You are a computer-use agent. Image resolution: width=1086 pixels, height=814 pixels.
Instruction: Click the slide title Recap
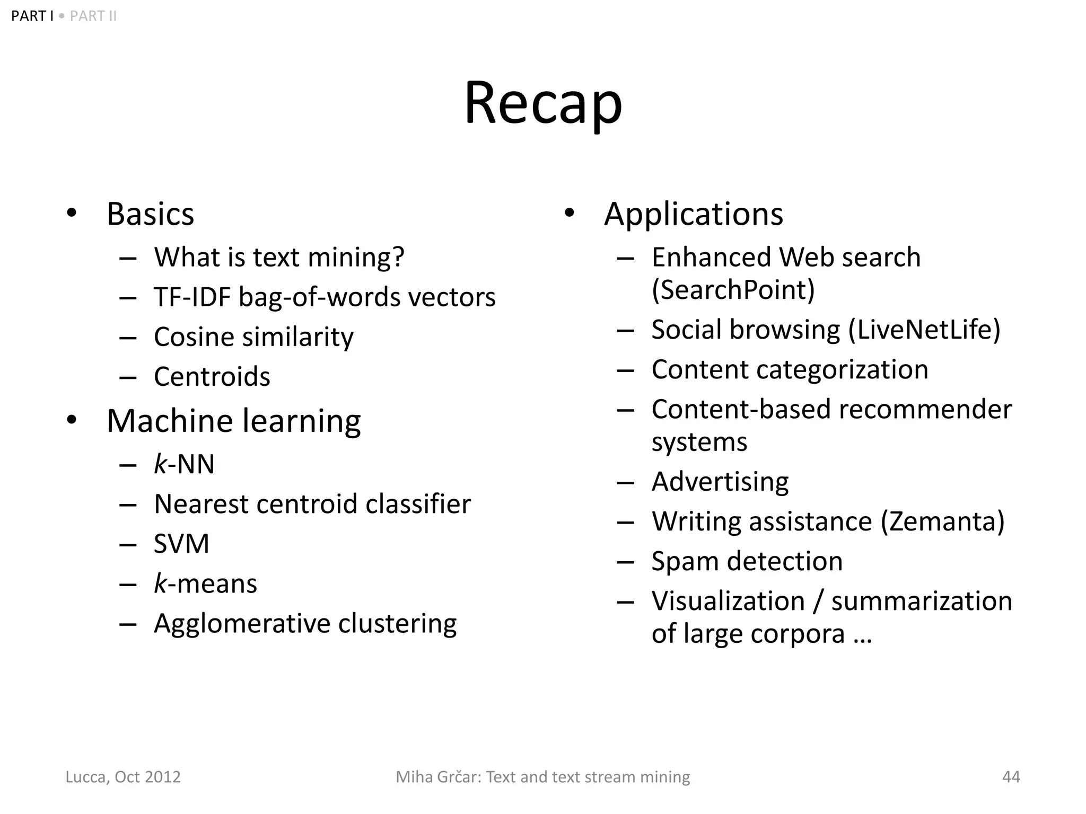(543, 103)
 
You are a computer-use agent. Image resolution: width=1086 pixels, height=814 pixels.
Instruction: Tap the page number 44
(1011, 777)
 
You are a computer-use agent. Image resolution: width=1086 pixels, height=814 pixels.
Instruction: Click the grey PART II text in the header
(93, 16)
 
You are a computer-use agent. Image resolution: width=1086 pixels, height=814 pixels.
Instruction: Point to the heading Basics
(150, 214)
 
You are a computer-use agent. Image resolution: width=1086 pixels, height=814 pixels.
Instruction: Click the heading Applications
(693, 214)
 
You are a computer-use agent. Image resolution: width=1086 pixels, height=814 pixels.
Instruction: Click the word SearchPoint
(733, 290)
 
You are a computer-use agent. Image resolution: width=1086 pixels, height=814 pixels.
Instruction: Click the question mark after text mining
(398, 257)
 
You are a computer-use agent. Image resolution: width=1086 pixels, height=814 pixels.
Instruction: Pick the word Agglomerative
(241, 624)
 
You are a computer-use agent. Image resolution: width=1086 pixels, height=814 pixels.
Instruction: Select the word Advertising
(720, 482)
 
